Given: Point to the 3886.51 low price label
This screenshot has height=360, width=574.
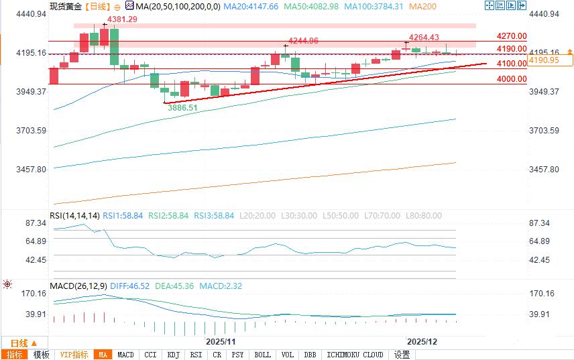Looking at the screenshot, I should (x=182, y=107).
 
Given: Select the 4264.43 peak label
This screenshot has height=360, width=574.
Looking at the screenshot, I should (x=424, y=38).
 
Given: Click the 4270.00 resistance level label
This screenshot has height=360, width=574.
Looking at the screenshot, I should (x=512, y=36).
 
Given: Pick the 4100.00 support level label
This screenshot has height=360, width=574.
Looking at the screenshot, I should (x=512, y=64).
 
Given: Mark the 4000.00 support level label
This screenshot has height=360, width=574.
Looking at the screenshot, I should (x=512, y=79).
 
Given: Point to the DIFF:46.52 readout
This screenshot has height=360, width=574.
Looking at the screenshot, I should (x=131, y=286).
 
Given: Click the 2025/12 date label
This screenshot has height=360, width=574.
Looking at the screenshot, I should (x=422, y=341).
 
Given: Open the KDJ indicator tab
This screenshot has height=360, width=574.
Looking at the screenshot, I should (x=173, y=355).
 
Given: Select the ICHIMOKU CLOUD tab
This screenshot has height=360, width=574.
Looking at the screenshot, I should (x=354, y=355).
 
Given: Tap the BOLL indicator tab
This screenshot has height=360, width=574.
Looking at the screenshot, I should (x=263, y=355).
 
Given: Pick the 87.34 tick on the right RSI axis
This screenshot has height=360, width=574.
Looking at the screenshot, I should (x=539, y=223).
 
